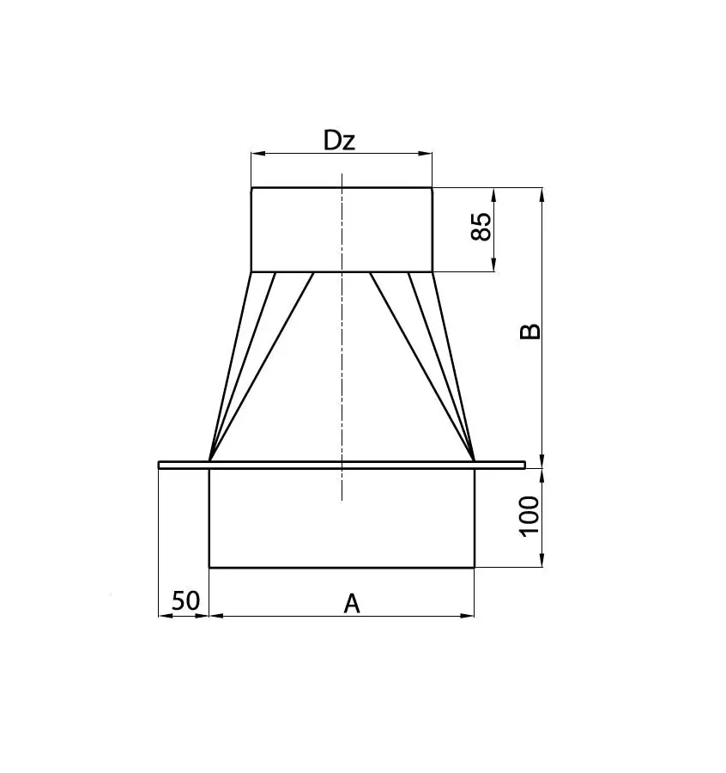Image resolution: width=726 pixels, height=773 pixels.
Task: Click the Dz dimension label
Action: (339, 141)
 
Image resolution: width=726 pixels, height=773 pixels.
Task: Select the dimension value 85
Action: (482, 228)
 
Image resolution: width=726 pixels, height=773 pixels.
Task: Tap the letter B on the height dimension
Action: (531, 332)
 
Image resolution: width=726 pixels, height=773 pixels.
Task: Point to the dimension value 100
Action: (529, 515)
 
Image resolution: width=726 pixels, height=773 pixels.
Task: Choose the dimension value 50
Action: (185, 600)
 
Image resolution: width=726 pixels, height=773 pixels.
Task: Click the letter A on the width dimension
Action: (351, 604)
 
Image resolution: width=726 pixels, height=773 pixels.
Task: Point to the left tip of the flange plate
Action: (160, 465)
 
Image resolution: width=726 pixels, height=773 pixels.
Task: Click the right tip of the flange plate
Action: (523, 465)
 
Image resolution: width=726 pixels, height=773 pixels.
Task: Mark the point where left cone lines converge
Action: (210, 459)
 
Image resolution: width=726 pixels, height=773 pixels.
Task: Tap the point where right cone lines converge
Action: (474, 459)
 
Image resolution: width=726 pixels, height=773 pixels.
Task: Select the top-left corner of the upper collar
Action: (251, 188)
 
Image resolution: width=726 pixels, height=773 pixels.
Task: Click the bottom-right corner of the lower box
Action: (474, 567)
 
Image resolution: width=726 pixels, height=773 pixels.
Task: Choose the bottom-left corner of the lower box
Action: (210, 567)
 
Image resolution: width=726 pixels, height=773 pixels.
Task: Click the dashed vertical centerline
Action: (342, 361)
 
